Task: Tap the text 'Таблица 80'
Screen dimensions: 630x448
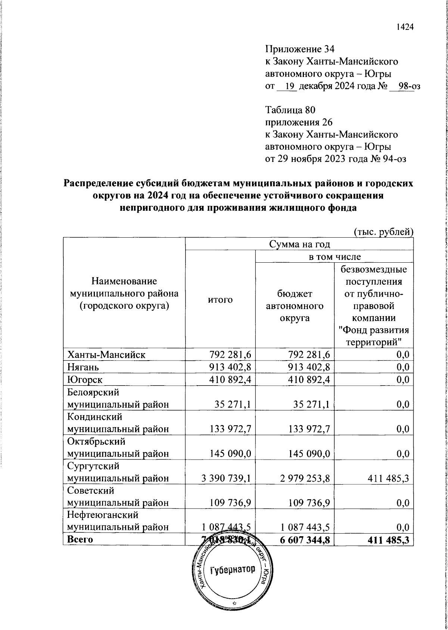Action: click(x=290, y=110)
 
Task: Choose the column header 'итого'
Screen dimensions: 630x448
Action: click(x=220, y=300)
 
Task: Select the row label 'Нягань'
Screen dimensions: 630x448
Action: click(x=83, y=367)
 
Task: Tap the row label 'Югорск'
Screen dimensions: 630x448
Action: click(x=85, y=380)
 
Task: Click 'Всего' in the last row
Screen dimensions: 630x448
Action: click(x=80, y=539)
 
